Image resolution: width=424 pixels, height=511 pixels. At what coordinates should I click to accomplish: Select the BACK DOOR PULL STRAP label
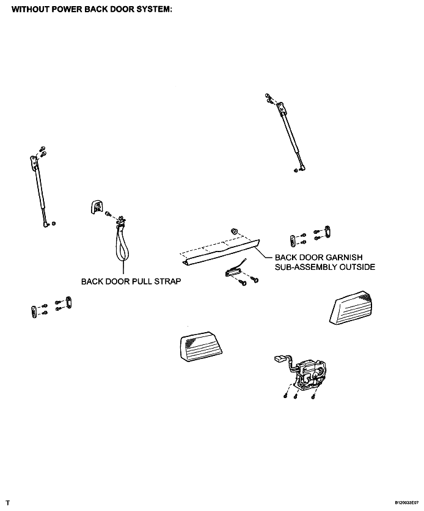131,281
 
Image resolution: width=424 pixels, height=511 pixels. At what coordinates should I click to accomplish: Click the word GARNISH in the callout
344,257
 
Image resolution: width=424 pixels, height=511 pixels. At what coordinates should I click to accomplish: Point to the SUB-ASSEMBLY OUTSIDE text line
325,267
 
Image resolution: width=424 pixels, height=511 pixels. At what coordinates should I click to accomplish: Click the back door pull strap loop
123,243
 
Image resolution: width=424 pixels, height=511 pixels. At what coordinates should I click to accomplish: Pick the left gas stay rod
40,192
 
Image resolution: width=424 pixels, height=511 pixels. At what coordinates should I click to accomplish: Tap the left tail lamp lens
200,346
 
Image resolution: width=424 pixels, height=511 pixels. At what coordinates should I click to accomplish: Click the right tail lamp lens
351,307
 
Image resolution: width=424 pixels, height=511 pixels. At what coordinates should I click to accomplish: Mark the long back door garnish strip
219,252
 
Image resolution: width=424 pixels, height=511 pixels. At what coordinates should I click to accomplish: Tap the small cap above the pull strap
96,207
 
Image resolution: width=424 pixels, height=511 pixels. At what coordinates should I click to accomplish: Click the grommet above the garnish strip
234,231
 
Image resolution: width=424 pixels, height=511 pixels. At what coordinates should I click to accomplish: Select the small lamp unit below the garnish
232,272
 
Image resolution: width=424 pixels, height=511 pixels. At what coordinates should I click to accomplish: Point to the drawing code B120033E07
407,502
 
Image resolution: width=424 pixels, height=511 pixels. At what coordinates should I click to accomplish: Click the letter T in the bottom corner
8,503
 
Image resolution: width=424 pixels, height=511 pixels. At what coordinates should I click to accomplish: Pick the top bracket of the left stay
33,162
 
